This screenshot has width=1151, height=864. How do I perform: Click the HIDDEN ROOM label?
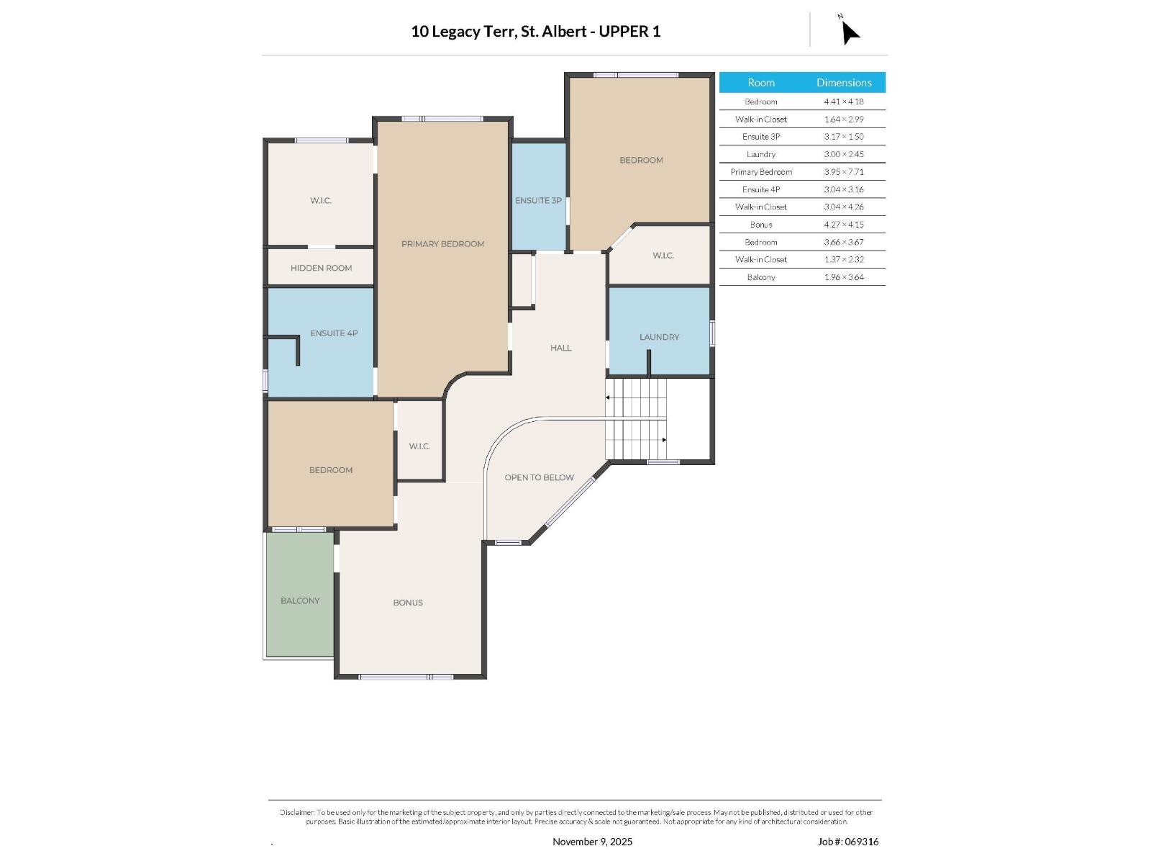321,268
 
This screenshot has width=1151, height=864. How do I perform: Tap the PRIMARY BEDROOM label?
442,244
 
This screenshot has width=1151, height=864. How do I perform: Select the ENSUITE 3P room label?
538,200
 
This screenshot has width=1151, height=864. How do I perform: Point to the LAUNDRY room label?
659,337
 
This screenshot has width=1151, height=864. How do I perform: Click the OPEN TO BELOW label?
539,477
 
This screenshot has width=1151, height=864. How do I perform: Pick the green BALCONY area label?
300,600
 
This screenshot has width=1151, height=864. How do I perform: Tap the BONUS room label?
408,603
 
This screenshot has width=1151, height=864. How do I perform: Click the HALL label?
560,348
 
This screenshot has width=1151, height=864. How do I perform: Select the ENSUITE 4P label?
334,333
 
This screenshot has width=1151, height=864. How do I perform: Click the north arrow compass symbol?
850,32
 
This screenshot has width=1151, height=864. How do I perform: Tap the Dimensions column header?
844,83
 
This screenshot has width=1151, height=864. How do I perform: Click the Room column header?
760,83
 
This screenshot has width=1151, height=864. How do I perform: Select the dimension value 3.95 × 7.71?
844,172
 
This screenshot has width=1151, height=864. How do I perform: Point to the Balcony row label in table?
760,277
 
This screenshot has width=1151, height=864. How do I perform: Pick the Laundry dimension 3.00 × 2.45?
844,154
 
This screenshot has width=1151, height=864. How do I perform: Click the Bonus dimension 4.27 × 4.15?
844,225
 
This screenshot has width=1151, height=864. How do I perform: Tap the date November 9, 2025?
592,842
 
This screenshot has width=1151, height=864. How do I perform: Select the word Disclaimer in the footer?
297,812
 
